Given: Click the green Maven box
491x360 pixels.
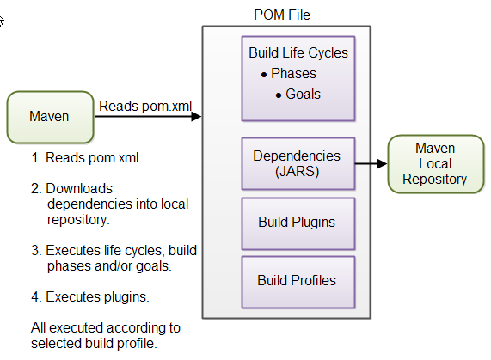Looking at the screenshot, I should (49, 117).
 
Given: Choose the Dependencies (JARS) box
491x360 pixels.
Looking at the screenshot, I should (298, 164).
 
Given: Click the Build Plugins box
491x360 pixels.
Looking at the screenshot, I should (298, 222).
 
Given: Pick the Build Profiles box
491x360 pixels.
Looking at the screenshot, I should (298, 280).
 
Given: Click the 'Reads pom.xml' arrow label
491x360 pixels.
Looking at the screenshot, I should (145, 106).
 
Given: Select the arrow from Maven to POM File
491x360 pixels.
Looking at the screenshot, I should (146, 117).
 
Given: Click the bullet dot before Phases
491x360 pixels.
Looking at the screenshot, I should (263, 75).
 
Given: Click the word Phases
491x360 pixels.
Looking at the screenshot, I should (293, 74).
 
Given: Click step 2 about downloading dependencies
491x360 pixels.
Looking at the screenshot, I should (110, 203).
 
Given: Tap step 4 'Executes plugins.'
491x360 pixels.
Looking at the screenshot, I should (92, 297).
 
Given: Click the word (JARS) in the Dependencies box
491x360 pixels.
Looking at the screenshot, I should (298, 171).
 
